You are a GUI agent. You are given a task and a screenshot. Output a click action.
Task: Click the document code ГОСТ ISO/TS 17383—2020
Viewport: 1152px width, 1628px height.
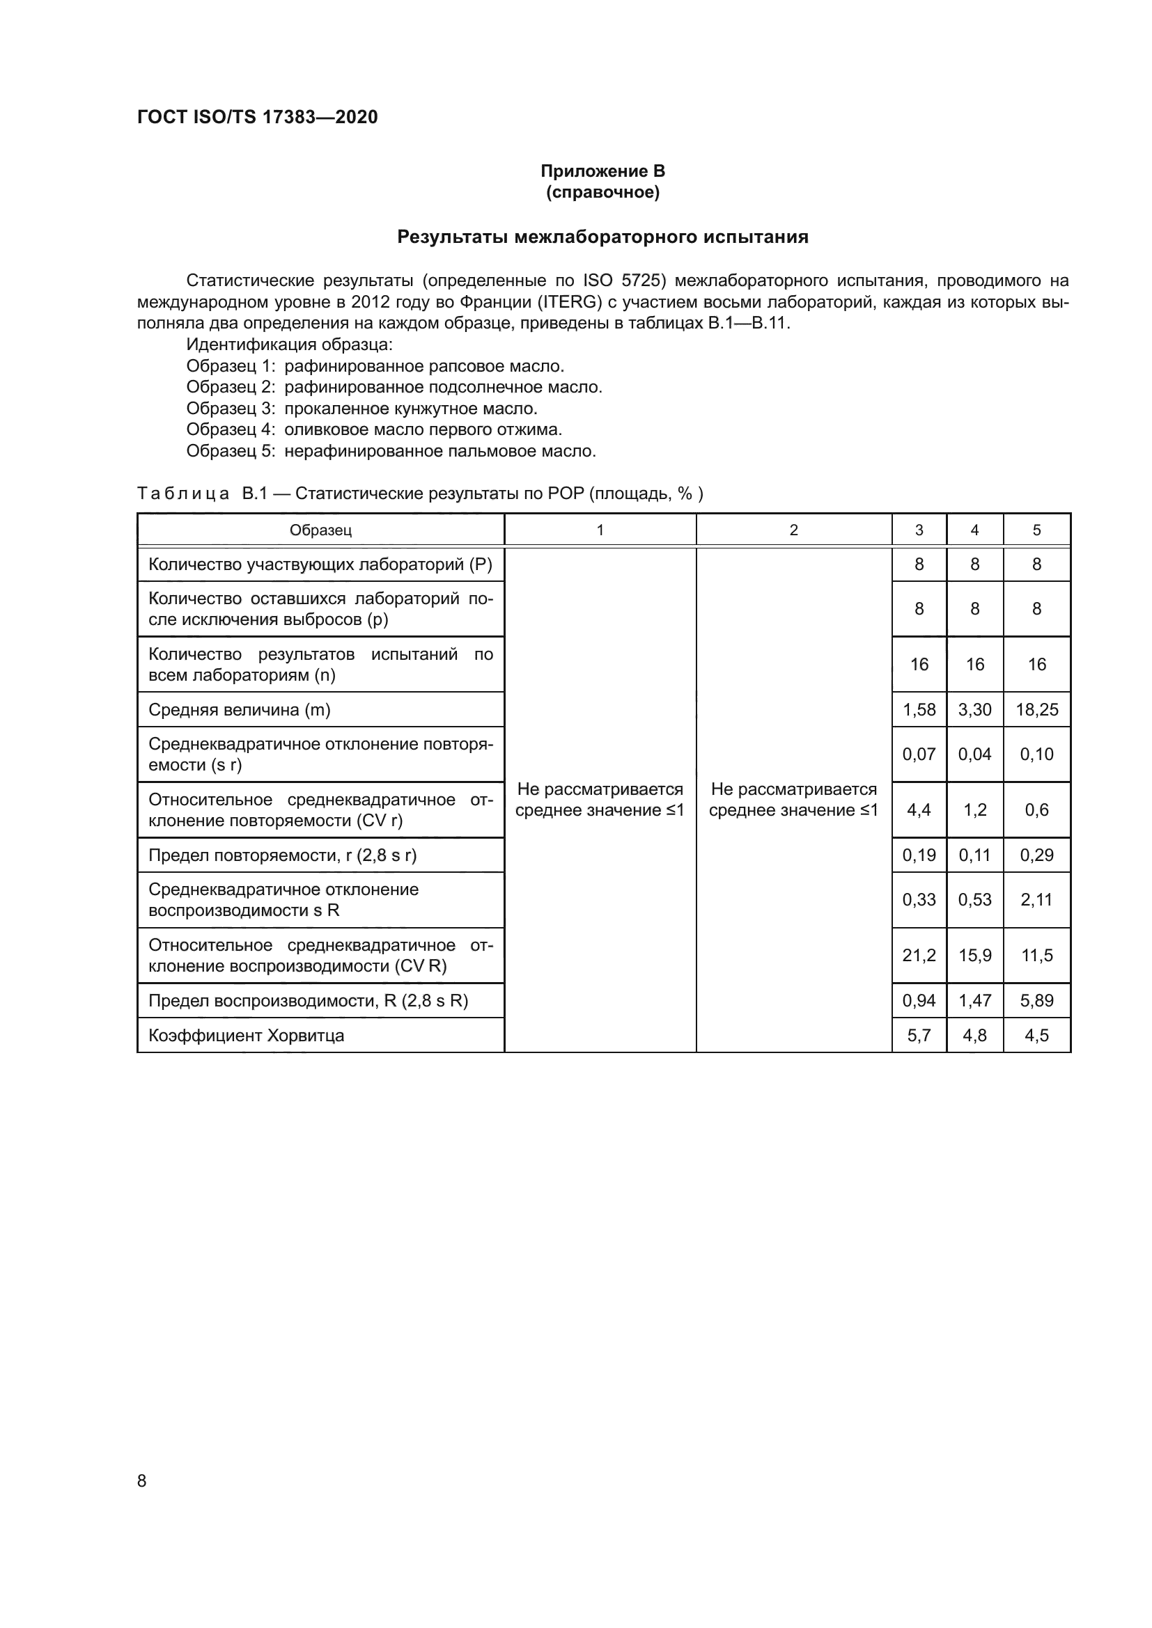(x=257, y=117)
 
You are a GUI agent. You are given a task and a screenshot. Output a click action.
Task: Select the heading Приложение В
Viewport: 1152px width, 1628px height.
(x=602, y=171)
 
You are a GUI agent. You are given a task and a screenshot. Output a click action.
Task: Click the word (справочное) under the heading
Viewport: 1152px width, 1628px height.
(x=602, y=192)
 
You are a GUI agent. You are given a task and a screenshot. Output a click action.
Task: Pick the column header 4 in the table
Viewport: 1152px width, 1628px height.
(x=974, y=530)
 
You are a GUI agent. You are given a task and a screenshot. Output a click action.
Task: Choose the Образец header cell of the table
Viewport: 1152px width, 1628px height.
(x=320, y=530)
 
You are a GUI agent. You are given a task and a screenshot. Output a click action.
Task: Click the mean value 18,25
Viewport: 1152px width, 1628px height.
(x=1036, y=710)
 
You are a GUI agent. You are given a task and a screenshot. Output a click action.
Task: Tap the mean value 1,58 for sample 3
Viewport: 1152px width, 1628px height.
(x=919, y=710)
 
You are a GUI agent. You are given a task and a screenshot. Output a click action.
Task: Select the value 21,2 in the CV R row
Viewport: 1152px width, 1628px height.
(x=919, y=955)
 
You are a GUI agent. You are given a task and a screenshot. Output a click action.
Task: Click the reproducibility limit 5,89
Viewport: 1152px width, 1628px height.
(x=1036, y=1000)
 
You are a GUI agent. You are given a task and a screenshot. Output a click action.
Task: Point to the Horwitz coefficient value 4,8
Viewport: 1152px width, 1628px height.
(x=974, y=1035)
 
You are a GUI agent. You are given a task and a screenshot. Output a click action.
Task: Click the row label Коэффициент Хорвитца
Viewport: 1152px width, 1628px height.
(x=246, y=1035)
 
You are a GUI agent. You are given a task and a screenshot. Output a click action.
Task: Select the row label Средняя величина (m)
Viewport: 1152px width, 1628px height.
(x=239, y=710)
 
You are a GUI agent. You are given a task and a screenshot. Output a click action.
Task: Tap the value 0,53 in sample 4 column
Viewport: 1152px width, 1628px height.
(x=974, y=900)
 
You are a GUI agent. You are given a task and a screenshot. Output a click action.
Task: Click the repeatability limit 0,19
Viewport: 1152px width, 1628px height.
(x=919, y=855)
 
